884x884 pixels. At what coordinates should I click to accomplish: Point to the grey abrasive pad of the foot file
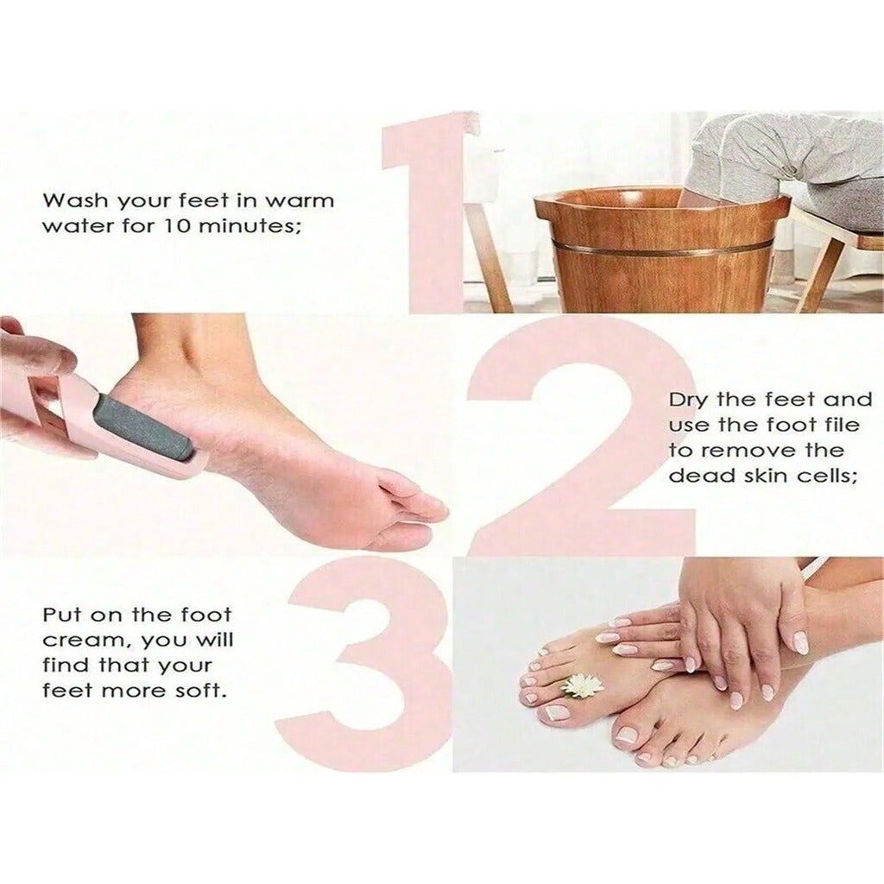[142, 429]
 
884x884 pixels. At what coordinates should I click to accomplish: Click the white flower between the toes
[582, 685]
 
